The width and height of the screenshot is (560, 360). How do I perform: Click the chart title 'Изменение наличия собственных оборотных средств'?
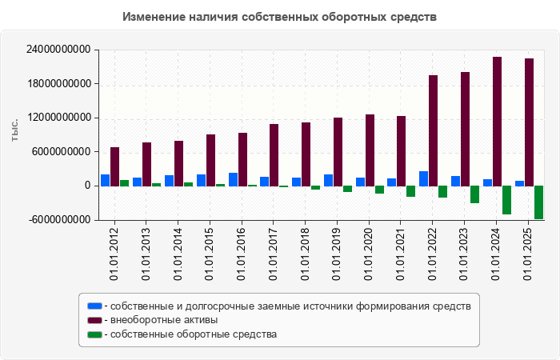(280, 17)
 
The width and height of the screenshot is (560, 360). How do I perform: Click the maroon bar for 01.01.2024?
(498, 121)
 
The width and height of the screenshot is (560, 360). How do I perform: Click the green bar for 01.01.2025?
(539, 202)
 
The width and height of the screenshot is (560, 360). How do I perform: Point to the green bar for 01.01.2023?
(474, 194)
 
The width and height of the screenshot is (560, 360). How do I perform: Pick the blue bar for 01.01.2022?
(424, 178)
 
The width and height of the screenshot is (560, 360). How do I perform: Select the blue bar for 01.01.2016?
(233, 179)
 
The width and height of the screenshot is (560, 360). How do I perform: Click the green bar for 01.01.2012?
(124, 183)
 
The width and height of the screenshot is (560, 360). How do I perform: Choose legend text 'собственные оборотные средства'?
(193, 334)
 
